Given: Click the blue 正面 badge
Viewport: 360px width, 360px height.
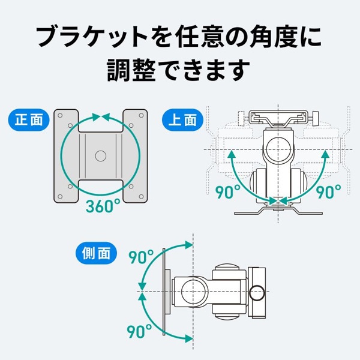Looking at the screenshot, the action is pos(29,120).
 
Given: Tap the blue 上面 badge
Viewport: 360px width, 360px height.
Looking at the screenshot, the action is pos(183,120).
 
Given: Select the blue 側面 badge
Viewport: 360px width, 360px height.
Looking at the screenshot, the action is pos(96,253).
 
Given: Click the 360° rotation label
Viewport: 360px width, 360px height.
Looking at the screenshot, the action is pos(103,205).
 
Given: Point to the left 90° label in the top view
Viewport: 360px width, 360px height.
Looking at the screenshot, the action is pos(228,191).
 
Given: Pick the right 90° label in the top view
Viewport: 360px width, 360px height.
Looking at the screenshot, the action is pos(329,191).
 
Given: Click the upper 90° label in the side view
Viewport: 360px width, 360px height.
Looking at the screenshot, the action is pos(141,257).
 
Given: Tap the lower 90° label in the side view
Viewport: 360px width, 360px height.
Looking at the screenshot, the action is pos(139,331).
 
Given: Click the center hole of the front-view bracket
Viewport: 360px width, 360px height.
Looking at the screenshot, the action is pos(101,156).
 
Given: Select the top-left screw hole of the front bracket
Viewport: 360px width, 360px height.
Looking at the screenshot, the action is pos(60,115).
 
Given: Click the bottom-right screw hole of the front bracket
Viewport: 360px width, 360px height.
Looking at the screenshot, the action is pos(141,197).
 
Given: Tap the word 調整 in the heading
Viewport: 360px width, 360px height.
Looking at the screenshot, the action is pos(131,70).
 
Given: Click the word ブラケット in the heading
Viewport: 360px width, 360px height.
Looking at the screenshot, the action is pos(92,37).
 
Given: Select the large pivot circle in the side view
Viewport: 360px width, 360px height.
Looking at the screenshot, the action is pos(193,292).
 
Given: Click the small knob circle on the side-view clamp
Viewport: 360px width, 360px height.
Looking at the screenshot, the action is pos(257,293).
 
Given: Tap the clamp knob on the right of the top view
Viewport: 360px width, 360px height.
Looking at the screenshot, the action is pos(316,118).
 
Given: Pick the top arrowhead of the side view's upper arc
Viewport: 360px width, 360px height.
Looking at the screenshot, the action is pos(189,245).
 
